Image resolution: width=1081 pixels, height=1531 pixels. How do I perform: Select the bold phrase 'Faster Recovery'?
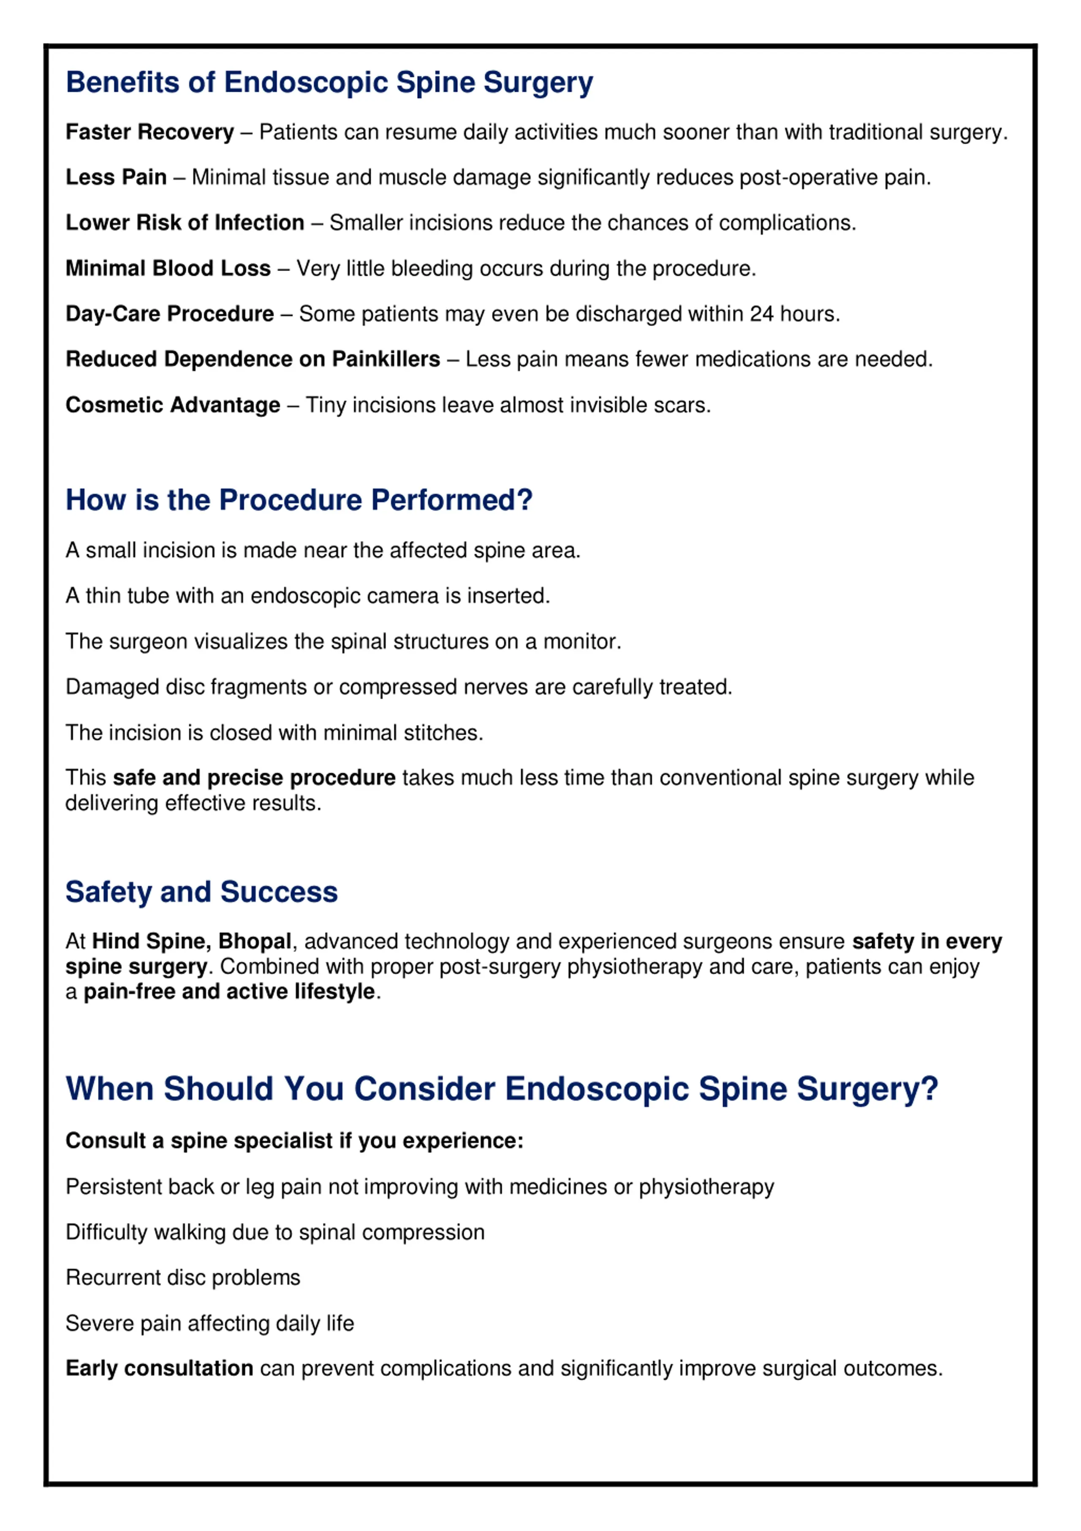click(149, 133)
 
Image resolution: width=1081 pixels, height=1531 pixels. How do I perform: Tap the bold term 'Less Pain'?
click(116, 177)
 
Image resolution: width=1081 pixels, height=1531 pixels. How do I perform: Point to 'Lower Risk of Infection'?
click(185, 223)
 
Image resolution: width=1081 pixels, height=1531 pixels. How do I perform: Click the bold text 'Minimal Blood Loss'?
click(168, 268)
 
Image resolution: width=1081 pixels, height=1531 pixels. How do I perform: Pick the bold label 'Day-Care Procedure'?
click(169, 313)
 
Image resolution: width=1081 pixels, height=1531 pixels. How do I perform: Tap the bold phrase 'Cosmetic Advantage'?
click(173, 405)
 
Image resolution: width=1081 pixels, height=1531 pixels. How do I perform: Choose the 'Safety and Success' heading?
click(201, 892)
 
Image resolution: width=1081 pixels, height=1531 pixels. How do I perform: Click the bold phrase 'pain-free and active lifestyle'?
click(228, 992)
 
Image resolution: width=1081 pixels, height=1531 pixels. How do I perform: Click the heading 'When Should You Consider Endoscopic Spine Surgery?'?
click(501, 1089)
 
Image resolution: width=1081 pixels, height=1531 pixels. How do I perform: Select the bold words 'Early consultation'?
click(159, 1368)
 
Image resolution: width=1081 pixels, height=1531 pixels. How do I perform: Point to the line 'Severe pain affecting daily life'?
click(209, 1323)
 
